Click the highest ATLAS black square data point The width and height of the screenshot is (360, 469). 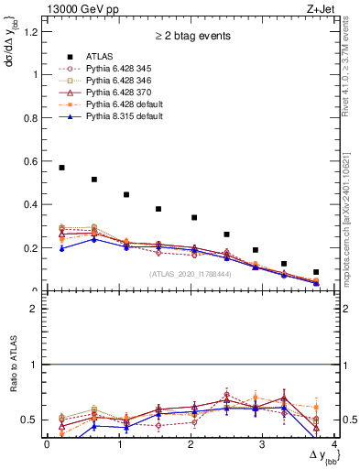point(61,168)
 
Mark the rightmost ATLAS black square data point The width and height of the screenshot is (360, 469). point(316,272)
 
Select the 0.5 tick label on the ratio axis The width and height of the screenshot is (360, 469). point(32,420)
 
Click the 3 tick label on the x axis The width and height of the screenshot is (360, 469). point(262,445)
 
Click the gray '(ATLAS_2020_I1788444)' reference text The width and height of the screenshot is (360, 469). point(191,273)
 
